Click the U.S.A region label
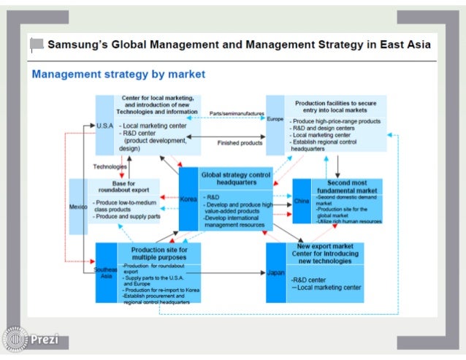pyautogui.click(x=104, y=126)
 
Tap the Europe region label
pyautogui.click(x=275, y=118)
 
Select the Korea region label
pyautogui.click(x=188, y=199)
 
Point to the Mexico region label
pyautogui.click(x=77, y=207)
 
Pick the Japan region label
pyautogui.click(x=275, y=273)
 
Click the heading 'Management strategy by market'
pyautogui.click(x=118, y=74)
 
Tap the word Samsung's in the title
pyautogui.click(x=82, y=44)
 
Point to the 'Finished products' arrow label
pyautogui.click(x=240, y=143)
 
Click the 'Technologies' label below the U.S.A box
pyautogui.click(x=110, y=166)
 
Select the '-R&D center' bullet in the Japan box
pyautogui.click(x=310, y=279)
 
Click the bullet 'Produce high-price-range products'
pyautogui.click(x=335, y=120)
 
